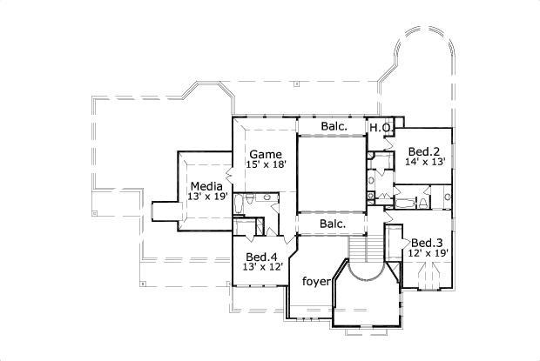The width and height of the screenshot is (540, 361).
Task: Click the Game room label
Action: tap(266, 155)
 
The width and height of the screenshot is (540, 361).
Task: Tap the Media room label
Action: tap(206, 186)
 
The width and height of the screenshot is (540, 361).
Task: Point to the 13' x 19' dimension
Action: tap(206, 197)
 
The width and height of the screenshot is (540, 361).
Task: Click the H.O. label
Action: tap(379, 128)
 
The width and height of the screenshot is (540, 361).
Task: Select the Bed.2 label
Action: tap(423, 150)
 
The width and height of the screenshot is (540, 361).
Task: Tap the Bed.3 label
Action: tap(428, 242)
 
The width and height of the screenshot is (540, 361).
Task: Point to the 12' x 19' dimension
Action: tap(429, 254)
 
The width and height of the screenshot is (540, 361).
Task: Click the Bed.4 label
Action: tap(261, 257)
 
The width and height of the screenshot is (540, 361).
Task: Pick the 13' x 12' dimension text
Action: tap(261, 269)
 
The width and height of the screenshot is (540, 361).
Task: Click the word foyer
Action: tap(314, 282)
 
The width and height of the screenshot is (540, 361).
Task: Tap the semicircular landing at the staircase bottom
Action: tap(365, 287)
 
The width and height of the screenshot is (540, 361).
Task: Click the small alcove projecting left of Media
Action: tap(164, 211)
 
